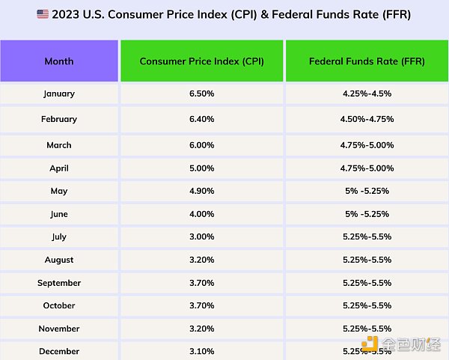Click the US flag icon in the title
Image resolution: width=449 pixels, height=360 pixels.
point(42,14)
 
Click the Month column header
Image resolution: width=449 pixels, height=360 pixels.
point(59,61)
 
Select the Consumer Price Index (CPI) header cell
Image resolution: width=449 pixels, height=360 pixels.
point(202,61)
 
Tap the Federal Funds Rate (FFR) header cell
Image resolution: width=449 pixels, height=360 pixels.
point(367,61)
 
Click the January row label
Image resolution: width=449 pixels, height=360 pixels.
point(59,94)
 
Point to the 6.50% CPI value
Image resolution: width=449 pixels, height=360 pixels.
point(202,94)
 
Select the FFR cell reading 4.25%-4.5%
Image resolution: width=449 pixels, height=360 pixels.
point(367,94)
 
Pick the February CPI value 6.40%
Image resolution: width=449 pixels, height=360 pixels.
point(202,119)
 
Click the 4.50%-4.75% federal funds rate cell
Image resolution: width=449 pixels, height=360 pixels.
point(367,119)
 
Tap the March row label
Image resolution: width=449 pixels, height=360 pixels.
point(59,145)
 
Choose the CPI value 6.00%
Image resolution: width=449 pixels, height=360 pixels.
point(202,145)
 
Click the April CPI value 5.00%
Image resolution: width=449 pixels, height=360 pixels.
point(202,168)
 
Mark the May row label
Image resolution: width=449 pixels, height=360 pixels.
point(59,192)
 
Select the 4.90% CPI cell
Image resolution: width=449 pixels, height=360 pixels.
point(202,192)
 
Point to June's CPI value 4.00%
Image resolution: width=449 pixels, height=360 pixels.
point(202,214)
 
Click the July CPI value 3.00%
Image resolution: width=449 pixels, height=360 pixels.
point(202,237)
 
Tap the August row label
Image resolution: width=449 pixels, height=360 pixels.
point(59,260)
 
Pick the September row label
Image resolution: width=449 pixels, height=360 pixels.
point(59,283)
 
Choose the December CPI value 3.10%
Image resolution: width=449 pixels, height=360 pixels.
point(202,350)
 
